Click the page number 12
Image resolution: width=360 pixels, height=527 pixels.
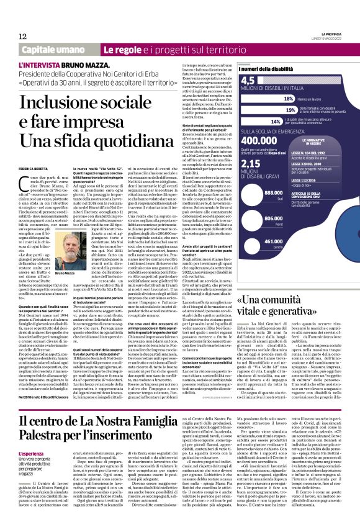(22, 36)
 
